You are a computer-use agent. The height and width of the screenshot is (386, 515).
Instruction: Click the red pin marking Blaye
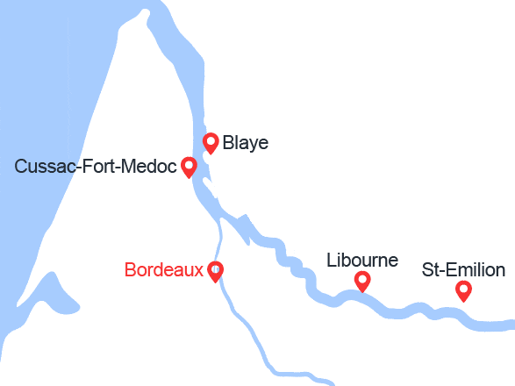click(x=211, y=142)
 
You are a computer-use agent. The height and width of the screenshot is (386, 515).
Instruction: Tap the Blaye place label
click(x=246, y=143)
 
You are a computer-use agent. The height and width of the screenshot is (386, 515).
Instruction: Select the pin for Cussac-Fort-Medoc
click(x=188, y=166)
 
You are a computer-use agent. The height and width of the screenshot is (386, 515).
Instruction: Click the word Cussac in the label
click(x=43, y=166)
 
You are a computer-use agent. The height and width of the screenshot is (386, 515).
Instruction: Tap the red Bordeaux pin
click(x=215, y=271)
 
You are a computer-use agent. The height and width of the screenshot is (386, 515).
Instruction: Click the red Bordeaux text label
click(x=164, y=270)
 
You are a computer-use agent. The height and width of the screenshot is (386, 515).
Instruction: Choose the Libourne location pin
click(x=361, y=281)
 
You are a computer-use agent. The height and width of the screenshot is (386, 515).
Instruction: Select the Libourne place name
click(x=362, y=261)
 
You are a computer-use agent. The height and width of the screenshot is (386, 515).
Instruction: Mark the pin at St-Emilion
click(x=463, y=290)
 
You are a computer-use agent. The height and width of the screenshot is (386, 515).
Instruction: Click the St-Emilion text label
click(x=463, y=269)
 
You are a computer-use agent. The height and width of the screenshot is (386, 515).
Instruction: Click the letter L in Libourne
click(x=331, y=261)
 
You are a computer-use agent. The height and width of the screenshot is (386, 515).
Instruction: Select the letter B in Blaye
click(x=228, y=143)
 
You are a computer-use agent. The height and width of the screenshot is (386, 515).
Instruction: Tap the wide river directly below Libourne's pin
click(x=361, y=300)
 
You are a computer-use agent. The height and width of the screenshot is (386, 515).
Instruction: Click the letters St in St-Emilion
click(x=430, y=269)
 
